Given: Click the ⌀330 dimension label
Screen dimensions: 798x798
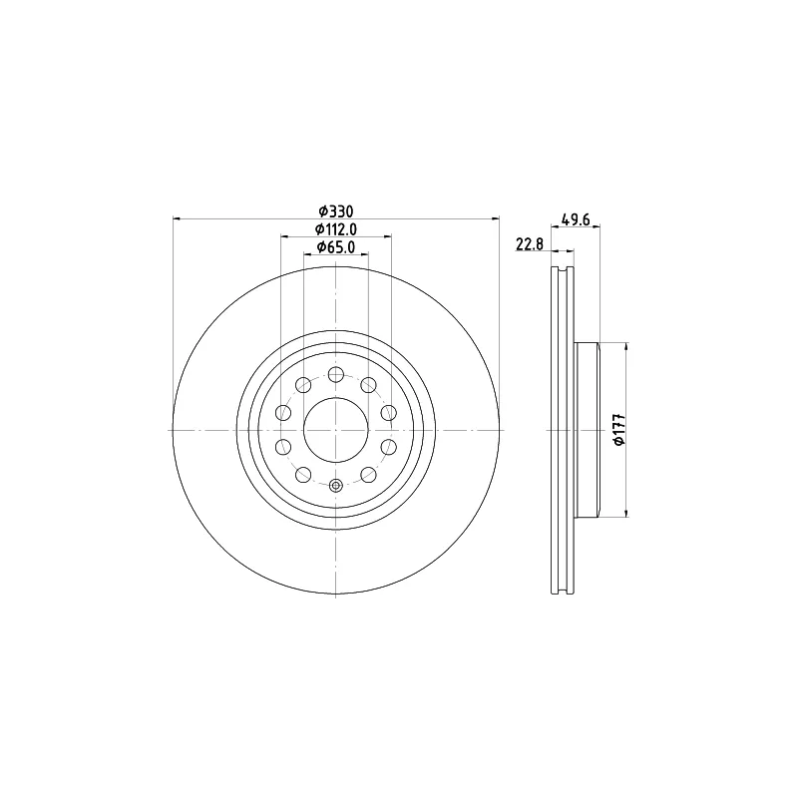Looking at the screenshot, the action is pos(335,211).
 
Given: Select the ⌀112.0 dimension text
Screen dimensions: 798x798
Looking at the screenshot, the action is pos(335,229).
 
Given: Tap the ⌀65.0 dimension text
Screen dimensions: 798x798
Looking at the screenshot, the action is pos(335,247).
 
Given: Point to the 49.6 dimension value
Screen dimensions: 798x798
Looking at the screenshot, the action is pos(576,219).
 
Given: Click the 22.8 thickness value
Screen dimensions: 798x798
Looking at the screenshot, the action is pos(530,244).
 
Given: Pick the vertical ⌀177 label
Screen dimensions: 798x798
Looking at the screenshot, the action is pos(618,430).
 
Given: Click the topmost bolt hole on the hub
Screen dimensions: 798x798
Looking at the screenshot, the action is pos(336,375).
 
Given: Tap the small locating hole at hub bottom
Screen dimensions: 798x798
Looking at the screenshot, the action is pos(336,486).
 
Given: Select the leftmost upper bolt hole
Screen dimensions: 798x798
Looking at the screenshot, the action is pos(283,412).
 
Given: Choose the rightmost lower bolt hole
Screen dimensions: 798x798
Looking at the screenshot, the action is pos(389,447).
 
